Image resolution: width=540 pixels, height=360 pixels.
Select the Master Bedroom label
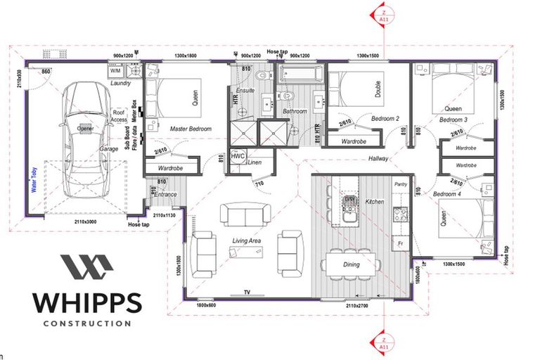pos(191,129)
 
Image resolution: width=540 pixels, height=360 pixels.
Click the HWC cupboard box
pos(238,155)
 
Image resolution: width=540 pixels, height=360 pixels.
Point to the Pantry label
pos(401,184)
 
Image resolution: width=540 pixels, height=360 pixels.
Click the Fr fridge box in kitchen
pos(400,243)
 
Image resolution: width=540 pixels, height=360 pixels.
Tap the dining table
pos(352,264)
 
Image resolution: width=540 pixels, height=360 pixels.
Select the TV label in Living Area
pos(246,291)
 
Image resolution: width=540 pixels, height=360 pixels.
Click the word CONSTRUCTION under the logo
pos(86,323)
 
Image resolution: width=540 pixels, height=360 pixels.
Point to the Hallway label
pos(378,159)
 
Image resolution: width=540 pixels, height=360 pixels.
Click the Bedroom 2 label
pos(385,119)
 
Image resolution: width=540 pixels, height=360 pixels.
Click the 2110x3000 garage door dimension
pos(86,221)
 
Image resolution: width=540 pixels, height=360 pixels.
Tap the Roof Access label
pos(120,116)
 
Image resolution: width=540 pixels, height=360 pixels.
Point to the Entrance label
pos(166,195)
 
